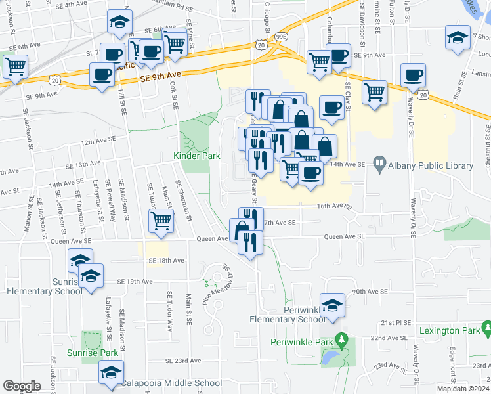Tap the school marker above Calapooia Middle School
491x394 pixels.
tap(111, 373)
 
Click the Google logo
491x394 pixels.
tap(22, 386)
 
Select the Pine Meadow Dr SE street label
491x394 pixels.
tap(217, 284)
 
